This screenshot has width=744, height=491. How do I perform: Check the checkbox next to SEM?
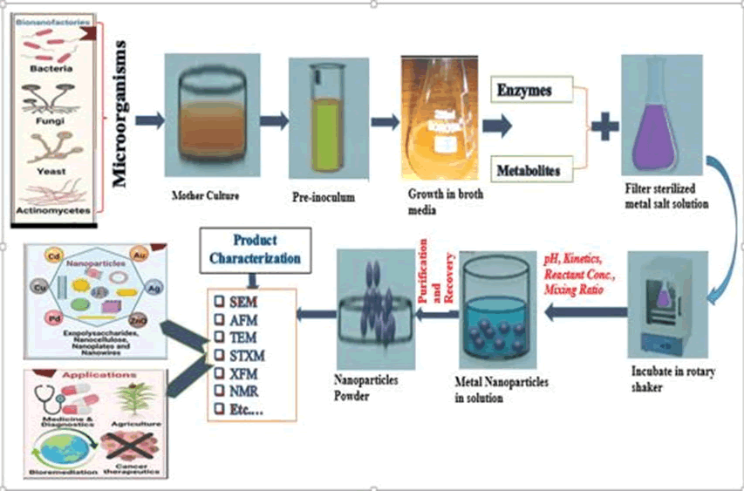[x=221, y=300]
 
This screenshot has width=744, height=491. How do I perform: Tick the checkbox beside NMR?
[x=221, y=392]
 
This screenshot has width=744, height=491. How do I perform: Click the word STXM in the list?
[x=253, y=355]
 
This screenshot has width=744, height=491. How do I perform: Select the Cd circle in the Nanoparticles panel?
[x=51, y=259]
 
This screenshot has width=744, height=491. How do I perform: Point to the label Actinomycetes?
[x=55, y=210]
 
